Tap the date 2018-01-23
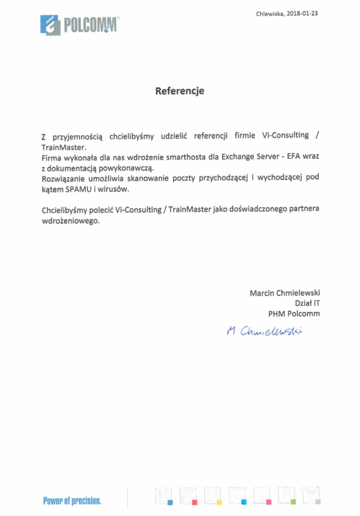pos(302,14)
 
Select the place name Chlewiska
pos(270,14)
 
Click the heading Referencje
pos(180,91)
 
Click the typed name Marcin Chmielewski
pos(284,293)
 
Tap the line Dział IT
pos(307,303)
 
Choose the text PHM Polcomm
pos(294,313)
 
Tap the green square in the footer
pos(293,502)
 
